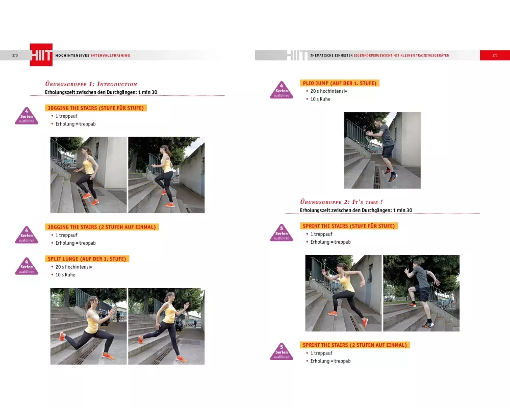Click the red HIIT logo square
(x=41, y=55)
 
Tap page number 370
(x=15, y=55)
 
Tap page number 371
(x=495, y=55)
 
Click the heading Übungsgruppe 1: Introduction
(x=91, y=84)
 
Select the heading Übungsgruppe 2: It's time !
(x=341, y=202)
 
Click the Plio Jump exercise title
(x=340, y=83)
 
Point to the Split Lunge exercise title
(x=87, y=259)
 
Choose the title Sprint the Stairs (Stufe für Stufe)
(x=349, y=226)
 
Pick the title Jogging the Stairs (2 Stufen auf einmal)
(x=102, y=227)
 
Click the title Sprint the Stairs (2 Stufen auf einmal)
(x=354, y=345)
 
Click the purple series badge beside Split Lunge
(x=27, y=266)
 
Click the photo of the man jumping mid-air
(x=382, y=150)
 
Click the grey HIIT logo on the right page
(x=297, y=55)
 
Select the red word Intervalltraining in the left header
(x=111, y=55)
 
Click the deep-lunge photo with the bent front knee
(x=88, y=326)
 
